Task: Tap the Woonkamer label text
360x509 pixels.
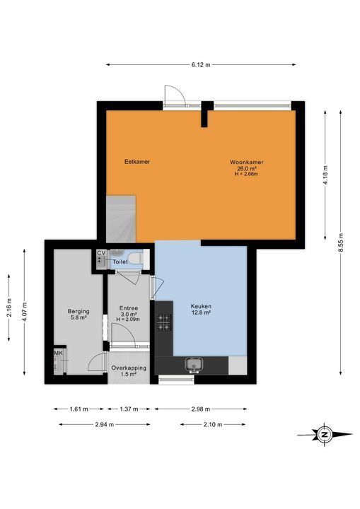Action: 246,162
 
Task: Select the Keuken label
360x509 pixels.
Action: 201,307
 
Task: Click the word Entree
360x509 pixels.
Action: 128,308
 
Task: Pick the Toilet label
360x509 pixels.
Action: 121,262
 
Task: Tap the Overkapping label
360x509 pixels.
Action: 129,368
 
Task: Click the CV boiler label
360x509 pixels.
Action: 100,252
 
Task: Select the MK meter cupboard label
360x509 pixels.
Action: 58,353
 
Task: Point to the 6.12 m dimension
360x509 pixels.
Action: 201,64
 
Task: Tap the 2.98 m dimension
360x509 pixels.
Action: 201,409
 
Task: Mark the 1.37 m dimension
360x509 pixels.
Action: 128,409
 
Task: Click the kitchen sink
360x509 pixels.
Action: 192,365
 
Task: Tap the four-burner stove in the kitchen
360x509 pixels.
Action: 163,322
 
